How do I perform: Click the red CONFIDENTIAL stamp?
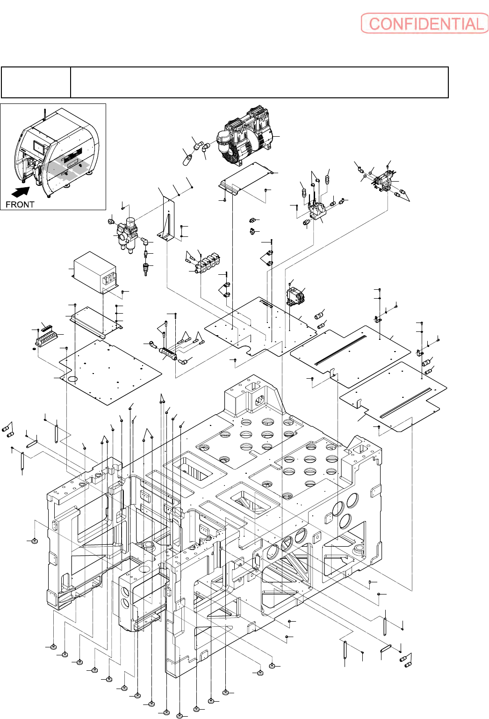[424, 23]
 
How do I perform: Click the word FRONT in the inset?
[20, 204]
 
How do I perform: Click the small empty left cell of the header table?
[36, 82]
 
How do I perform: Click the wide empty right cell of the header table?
[259, 82]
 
